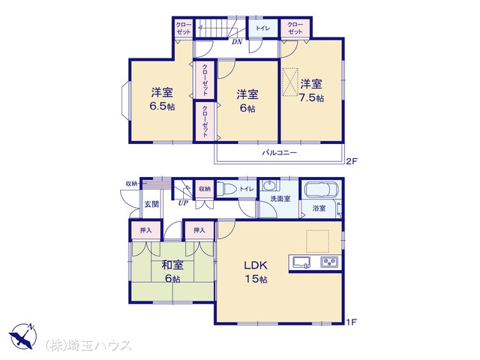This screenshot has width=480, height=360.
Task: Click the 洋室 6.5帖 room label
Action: (x=162, y=99)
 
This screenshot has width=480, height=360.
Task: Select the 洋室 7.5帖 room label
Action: (x=311, y=90)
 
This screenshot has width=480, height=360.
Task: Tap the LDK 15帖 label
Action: (x=256, y=271)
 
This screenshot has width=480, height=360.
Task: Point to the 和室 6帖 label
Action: (x=172, y=271)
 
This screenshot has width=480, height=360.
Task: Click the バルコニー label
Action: (x=279, y=152)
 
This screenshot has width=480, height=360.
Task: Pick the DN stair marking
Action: (x=237, y=42)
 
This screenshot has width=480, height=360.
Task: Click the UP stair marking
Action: (x=183, y=202)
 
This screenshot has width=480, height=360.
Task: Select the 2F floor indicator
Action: (x=352, y=161)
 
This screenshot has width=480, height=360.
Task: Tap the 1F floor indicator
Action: (x=352, y=322)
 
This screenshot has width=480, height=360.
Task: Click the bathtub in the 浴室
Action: (x=321, y=190)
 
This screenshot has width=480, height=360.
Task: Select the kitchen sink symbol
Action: (x=301, y=262)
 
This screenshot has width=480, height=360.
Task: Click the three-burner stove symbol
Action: (x=329, y=262)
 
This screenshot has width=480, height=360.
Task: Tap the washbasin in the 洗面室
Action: (x=270, y=185)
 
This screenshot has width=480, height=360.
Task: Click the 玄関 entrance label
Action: (x=151, y=204)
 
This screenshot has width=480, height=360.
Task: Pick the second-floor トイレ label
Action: (x=263, y=28)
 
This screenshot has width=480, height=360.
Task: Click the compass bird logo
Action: (x=22, y=336)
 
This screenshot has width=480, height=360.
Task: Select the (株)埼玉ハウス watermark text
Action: (x=88, y=345)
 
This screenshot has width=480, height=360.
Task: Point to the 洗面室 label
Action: (x=280, y=199)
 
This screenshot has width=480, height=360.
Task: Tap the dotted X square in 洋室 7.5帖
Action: (x=290, y=82)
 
